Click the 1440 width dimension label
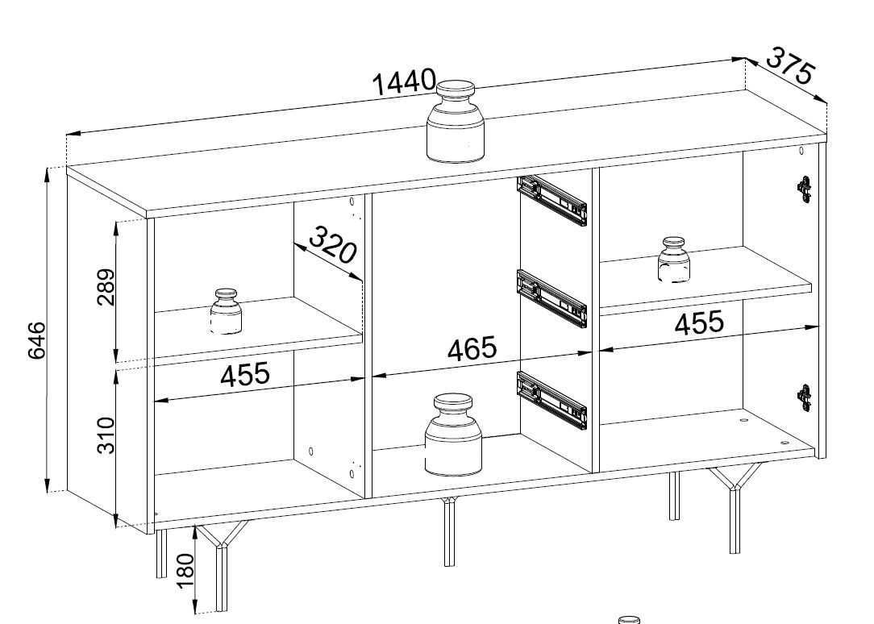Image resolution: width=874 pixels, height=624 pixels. point(404,82)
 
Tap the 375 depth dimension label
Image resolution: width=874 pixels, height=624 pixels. point(791,65)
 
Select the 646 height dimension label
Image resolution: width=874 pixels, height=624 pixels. point(37,340)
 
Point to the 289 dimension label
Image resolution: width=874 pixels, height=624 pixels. point(106,288)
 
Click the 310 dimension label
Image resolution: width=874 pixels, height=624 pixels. point(106,435)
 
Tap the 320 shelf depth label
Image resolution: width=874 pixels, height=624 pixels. point(332,244)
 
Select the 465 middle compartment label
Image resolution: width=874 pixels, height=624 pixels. point(472,349)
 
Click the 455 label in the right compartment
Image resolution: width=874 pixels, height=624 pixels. point(699,322)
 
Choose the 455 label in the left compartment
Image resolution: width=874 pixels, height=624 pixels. point(244,374)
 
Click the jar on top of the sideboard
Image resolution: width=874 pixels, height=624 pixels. point(456,122)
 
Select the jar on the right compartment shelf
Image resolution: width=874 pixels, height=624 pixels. point(674,260)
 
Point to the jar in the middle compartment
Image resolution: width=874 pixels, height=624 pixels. point(453,435)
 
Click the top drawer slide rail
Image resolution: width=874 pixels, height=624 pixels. point(552,200)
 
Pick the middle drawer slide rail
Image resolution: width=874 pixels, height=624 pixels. point(552,298)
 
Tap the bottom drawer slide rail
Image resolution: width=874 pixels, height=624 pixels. point(552,400)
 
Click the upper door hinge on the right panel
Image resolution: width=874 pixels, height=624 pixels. point(805,189)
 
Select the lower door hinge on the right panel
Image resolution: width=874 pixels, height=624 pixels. point(805,397)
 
